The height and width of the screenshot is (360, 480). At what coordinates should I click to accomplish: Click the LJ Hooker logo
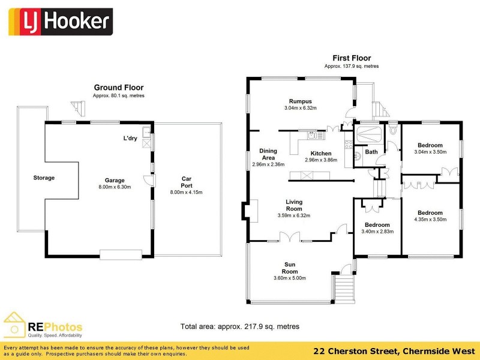58,22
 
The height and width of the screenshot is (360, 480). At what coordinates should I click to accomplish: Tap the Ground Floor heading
118,88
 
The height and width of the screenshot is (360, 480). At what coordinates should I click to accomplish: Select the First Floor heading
352,58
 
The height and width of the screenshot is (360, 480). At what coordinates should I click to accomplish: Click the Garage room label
114,180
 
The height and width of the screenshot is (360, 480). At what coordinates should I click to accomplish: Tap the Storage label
44,178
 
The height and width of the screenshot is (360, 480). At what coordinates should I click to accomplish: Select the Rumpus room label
300,101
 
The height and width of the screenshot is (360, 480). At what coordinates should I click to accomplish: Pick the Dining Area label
268,154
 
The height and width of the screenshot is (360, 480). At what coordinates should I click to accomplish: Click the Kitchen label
321,154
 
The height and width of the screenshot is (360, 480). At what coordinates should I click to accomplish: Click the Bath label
371,152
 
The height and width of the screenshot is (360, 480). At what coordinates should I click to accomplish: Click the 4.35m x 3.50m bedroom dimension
430,220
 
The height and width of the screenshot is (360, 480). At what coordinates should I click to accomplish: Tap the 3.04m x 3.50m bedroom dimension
430,152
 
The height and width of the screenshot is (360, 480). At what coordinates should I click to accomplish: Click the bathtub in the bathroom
371,134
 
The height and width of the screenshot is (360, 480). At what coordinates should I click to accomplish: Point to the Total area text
240,326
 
